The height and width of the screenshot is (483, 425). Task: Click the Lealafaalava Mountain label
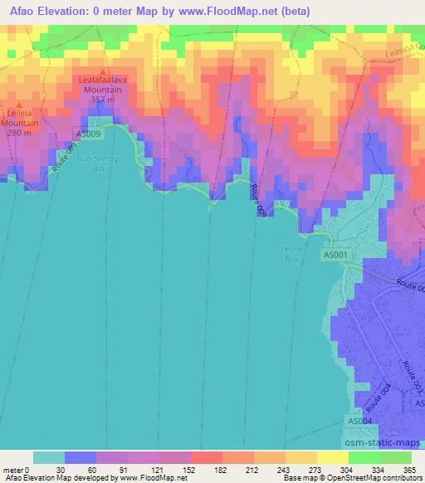[101, 85]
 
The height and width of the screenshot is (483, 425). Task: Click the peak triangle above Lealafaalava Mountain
[102, 71]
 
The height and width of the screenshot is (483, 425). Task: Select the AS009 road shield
[88, 134]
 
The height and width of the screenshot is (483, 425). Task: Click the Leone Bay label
[289, 252]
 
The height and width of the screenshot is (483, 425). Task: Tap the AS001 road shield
[336, 256]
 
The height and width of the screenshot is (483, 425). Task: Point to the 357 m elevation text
[102, 100]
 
